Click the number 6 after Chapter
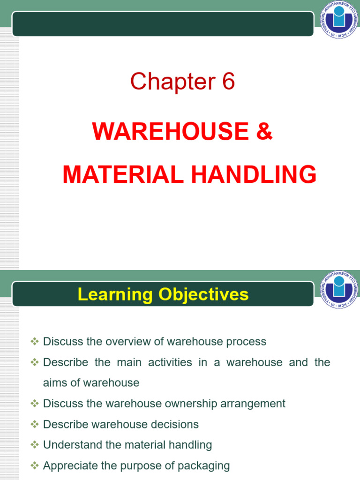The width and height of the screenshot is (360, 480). pyautogui.click(x=226, y=82)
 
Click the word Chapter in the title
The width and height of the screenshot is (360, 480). pyautogui.click(x=169, y=82)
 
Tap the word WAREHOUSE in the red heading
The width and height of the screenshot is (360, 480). pyautogui.click(x=169, y=132)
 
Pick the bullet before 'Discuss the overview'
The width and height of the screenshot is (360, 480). pyautogui.click(x=34, y=341)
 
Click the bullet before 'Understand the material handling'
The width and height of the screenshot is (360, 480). pyautogui.click(x=34, y=444)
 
